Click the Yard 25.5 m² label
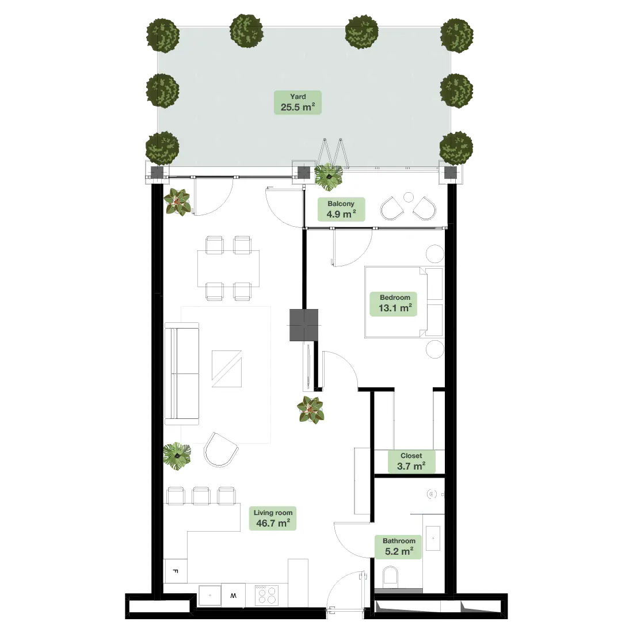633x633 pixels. [x=298, y=102]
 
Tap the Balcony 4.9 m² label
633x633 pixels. [x=341, y=209]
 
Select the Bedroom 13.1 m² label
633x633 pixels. [x=395, y=303]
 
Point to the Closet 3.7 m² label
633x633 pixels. [x=411, y=462]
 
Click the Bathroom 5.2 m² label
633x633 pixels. [x=399, y=547]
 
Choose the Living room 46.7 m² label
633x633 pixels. [x=273, y=518]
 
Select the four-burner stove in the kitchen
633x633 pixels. [x=266, y=594]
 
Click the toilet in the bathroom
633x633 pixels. [x=391, y=577]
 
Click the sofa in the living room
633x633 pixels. [x=182, y=373]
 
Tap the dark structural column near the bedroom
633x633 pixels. [x=304, y=325]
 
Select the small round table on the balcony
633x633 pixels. [x=408, y=197]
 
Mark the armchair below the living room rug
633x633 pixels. [x=220, y=449]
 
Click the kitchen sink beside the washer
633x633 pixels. [x=210, y=596]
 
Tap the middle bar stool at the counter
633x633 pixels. [x=201, y=495]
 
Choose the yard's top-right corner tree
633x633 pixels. [x=457, y=34]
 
